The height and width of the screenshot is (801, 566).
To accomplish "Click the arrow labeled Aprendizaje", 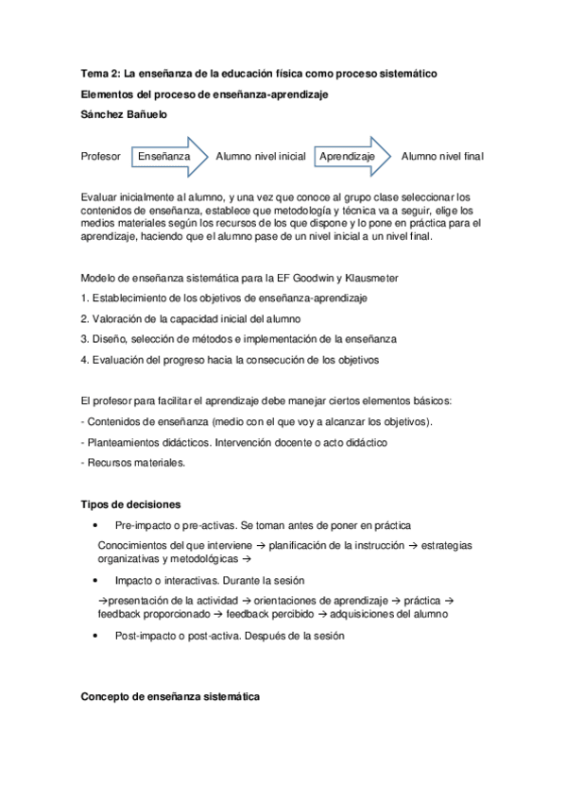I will point(351,156).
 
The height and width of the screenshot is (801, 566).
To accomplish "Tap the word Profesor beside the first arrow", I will point(101,156).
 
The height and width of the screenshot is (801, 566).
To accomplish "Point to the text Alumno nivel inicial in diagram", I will point(261,156).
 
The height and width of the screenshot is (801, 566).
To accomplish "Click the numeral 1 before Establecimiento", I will point(84,298).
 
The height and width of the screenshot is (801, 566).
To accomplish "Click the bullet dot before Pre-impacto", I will point(95,525).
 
